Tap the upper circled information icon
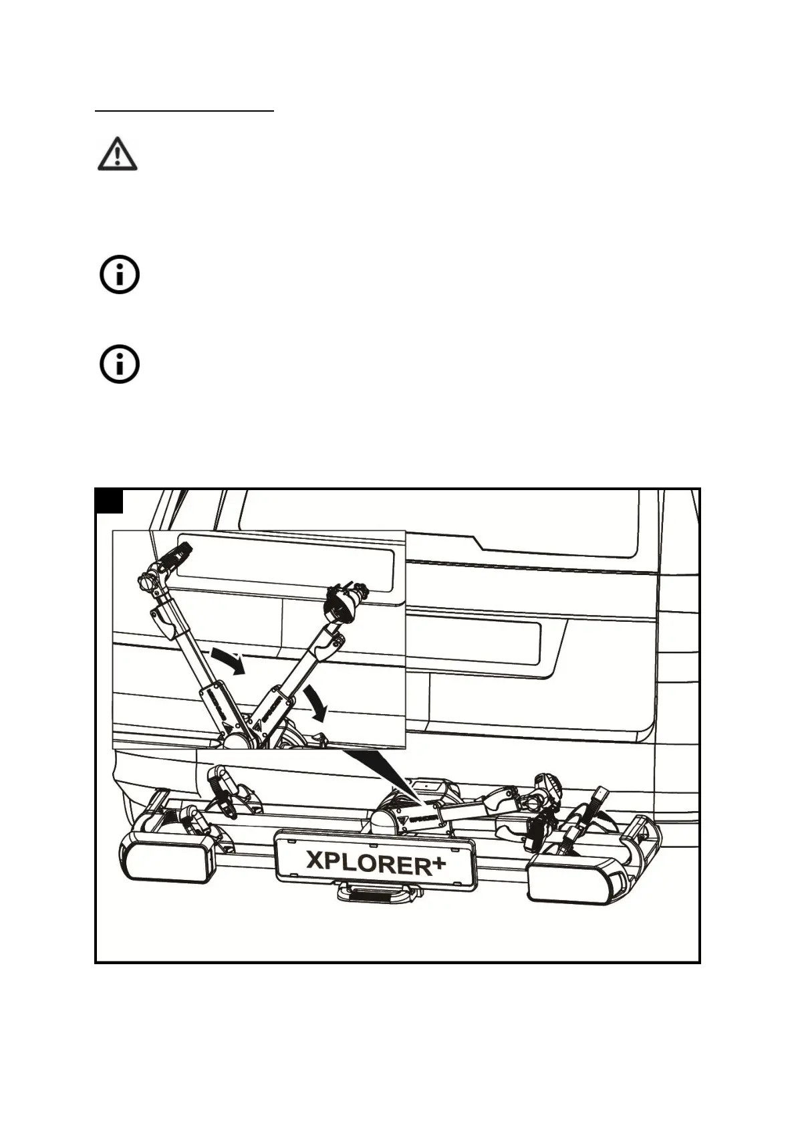[x=120, y=274]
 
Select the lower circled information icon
[x=120, y=364]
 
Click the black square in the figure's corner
[x=110, y=501]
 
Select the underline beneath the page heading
[x=184, y=111]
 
